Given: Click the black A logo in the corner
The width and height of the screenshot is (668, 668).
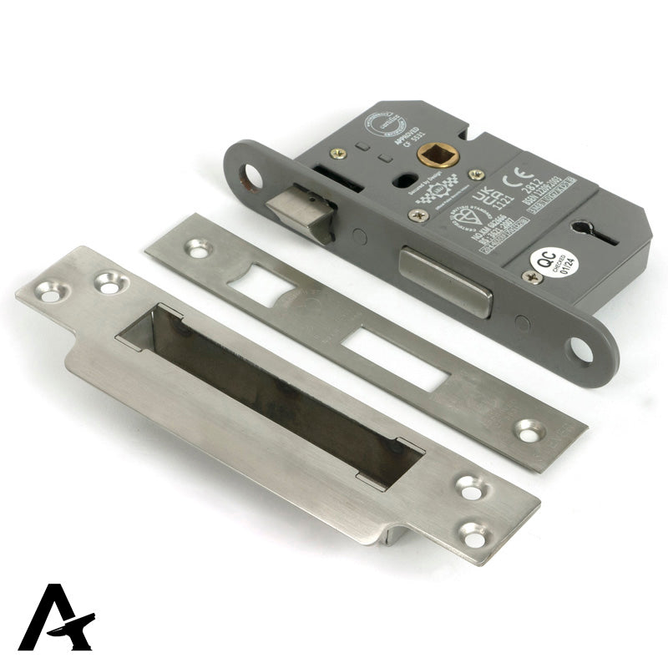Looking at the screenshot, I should tap(56, 618).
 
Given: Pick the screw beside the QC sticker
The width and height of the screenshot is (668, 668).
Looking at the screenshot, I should tap(529, 276).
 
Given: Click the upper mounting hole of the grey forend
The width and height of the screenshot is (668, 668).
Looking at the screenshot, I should tap(250, 176).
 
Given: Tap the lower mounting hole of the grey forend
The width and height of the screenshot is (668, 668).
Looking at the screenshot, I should tap(581, 352).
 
